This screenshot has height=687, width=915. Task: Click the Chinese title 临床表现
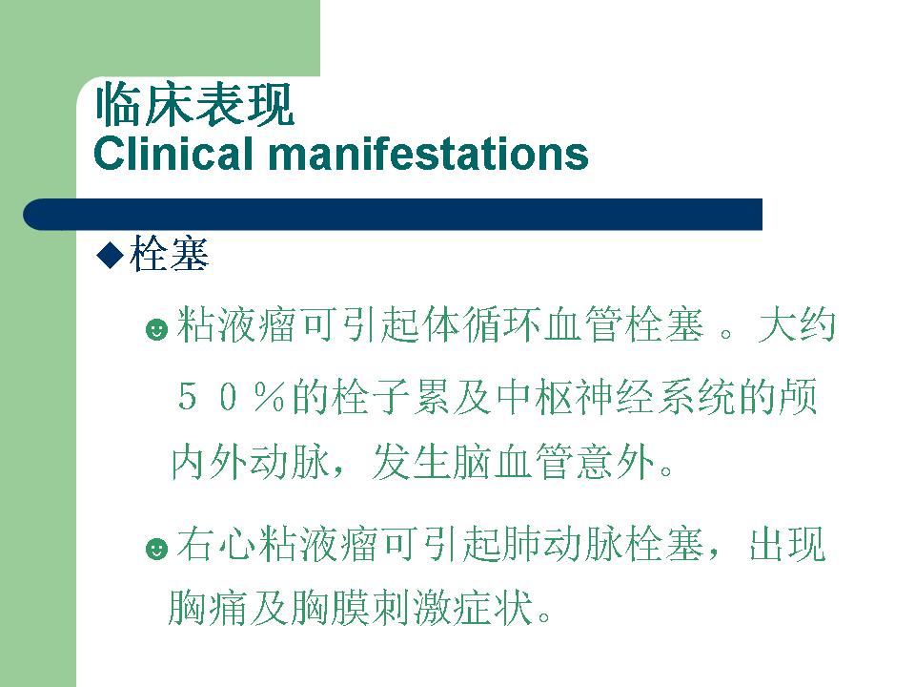(194, 106)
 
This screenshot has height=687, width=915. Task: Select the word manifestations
(428, 155)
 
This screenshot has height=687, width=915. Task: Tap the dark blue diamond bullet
(111, 255)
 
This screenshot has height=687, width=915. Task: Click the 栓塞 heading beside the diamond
(169, 255)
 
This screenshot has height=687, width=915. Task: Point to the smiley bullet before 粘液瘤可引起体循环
(156, 329)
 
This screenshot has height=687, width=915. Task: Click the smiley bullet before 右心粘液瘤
(156, 549)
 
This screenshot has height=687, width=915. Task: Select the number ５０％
(231, 397)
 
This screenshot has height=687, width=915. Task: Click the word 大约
(797, 324)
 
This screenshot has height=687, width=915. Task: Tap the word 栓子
(371, 397)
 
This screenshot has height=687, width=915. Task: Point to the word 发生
(412, 462)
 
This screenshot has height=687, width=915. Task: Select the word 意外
(616, 462)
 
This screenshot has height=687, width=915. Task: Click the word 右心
(216, 544)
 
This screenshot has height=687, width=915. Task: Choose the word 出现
(788, 544)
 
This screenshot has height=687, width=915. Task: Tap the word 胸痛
(208, 608)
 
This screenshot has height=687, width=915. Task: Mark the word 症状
(494, 608)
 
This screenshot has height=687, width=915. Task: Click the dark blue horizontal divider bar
(393, 215)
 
